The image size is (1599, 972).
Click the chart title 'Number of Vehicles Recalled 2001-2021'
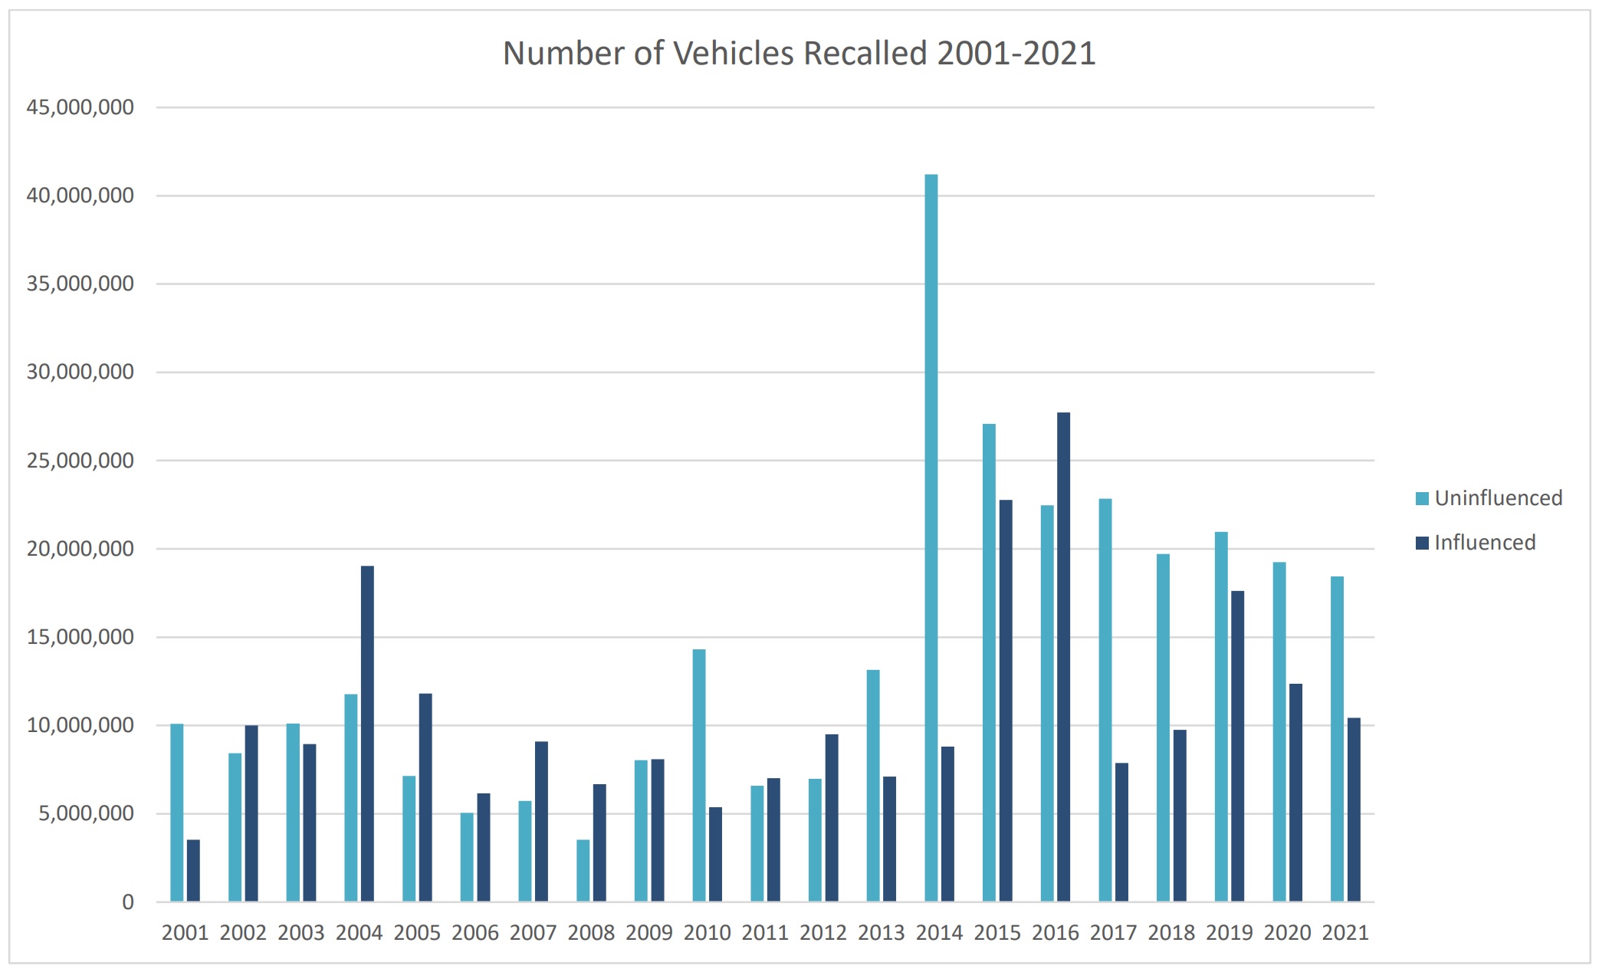coord(799,54)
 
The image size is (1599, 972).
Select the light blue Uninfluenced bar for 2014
coord(931,537)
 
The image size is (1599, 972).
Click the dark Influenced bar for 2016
coord(1063,656)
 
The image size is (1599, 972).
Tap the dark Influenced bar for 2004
coord(367,733)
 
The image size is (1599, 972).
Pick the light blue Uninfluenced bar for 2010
coord(699,774)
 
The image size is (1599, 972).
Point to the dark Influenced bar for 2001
coord(193,870)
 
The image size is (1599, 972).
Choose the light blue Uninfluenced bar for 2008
coord(583,870)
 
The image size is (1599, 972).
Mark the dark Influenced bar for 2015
coord(1005,700)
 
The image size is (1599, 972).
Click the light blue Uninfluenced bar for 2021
coord(1337,738)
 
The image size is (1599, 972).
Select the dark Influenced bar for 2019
coord(1237,745)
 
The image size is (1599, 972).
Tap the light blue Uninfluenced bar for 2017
coord(1105,699)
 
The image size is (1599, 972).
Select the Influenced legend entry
coord(1476,543)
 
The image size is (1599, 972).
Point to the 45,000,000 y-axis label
coord(80,107)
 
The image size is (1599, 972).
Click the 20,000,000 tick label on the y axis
coord(80,549)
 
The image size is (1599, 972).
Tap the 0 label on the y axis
coord(128,902)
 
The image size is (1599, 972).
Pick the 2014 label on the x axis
coord(939,933)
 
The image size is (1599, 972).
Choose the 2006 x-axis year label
coord(475,933)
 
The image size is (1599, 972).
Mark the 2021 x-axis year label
coord(1345,933)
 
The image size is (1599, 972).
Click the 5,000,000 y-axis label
coord(86,813)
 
